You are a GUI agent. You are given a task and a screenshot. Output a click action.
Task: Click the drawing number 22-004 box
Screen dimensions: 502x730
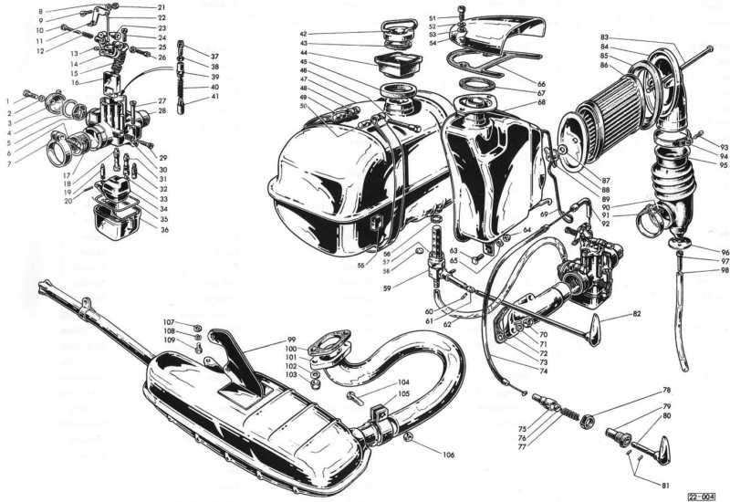[x=706, y=492]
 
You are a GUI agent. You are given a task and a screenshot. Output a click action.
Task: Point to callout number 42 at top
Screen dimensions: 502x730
[x=303, y=34]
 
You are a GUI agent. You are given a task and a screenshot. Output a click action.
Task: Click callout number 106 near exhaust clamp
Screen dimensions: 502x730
[x=448, y=455]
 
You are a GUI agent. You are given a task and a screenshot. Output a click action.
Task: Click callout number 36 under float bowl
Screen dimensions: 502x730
[x=164, y=230]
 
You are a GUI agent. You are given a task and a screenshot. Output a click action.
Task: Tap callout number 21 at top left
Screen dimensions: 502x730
[x=162, y=7]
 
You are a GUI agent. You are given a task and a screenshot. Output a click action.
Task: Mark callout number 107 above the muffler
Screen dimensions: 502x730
[x=169, y=322]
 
